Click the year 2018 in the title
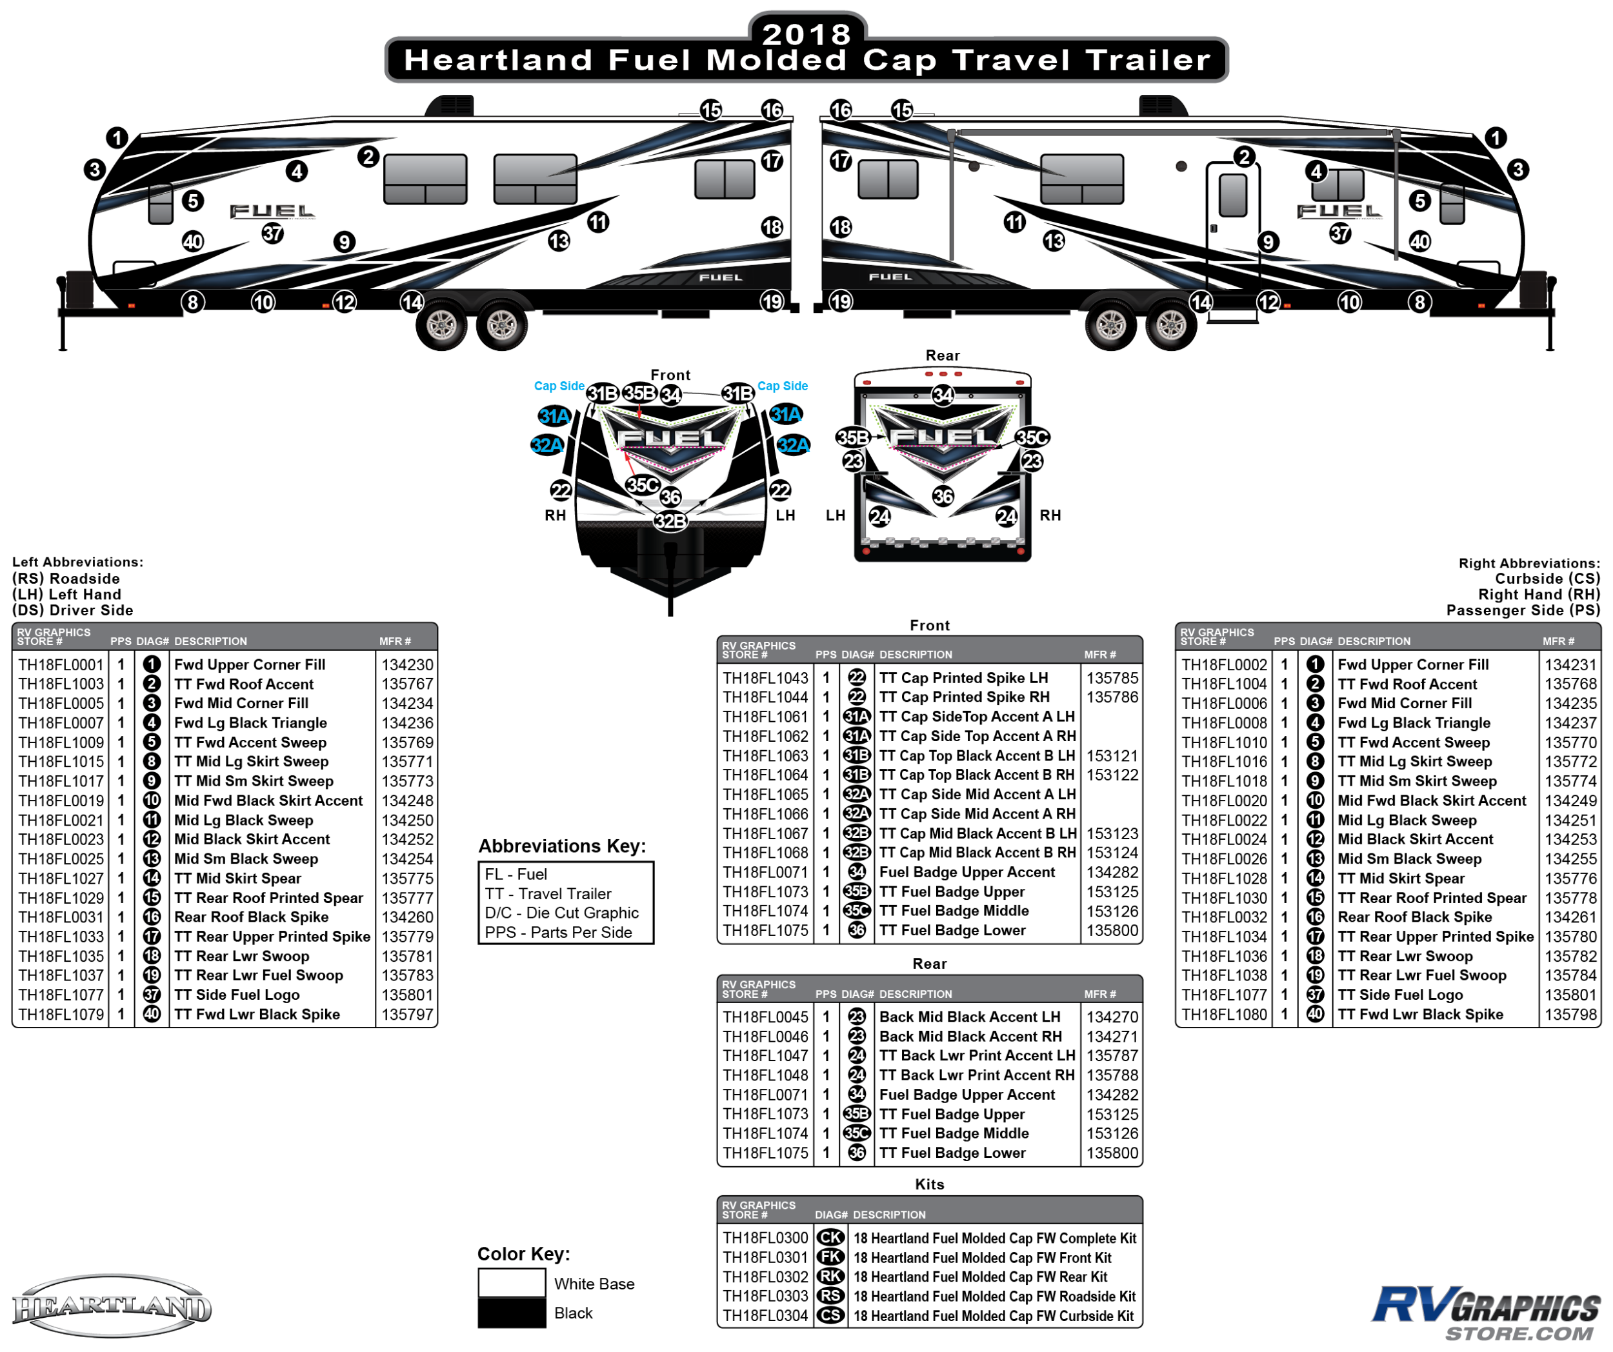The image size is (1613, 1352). point(806,34)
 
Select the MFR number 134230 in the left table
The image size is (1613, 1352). point(407,665)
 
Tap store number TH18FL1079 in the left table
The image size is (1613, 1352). point(61,1014)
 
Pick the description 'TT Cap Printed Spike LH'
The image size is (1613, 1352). point(963,678)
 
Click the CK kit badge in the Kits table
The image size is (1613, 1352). point(830,1238)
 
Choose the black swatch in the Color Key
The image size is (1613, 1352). point(512,1313)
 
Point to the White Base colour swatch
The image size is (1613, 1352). point(512,1283)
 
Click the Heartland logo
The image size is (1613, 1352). point(112,1307)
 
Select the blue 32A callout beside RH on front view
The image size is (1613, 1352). point(547,445)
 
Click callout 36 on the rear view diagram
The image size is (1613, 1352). point(943,497)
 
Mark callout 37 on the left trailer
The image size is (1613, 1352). point(273,234)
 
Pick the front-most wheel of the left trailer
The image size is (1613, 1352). point(442,326)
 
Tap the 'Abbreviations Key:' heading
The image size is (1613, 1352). point(562,846)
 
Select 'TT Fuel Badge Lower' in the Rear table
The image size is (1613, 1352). point(952,1153)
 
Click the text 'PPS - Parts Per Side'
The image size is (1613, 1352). point(558,932)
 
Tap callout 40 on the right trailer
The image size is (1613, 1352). point(1419,242)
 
